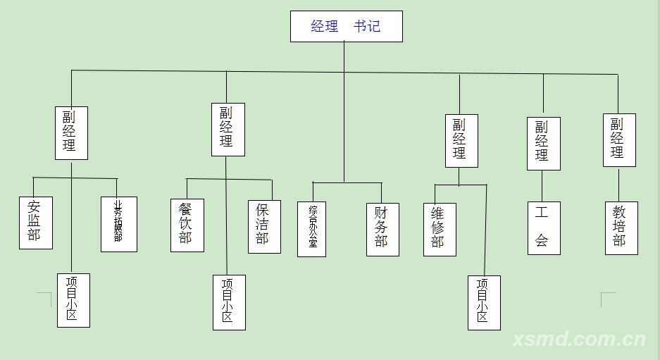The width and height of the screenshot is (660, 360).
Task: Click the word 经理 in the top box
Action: (325, 27)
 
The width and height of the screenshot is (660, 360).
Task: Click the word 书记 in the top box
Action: (367, 27)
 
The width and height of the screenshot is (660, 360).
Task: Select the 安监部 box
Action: (35, 223)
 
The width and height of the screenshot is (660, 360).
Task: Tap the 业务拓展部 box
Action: (118, 224)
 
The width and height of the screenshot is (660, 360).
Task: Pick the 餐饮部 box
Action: (187, 225)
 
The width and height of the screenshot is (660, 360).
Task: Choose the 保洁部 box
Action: (264, 226)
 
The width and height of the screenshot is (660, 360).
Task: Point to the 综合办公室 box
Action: (311, 229)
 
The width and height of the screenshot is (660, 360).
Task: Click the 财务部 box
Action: (382, 230)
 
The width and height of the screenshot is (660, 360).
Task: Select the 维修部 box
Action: (439, 230)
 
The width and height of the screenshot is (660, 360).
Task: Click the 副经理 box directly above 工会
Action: (543, 144)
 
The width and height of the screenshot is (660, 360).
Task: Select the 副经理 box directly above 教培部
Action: (618, 140)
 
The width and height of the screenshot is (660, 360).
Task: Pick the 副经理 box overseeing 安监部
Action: (71, 133)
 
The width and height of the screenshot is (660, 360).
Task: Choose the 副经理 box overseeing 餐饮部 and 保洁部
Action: (228, 130)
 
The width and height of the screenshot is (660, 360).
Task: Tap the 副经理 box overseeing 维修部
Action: (461, 141)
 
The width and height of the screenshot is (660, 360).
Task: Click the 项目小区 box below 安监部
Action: (73, 300)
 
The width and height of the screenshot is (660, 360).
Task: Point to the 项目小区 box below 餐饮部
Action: (229, 302)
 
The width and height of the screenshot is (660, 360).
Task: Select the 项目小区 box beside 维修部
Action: (484, 303)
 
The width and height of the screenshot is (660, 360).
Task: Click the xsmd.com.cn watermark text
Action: (579, 340)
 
